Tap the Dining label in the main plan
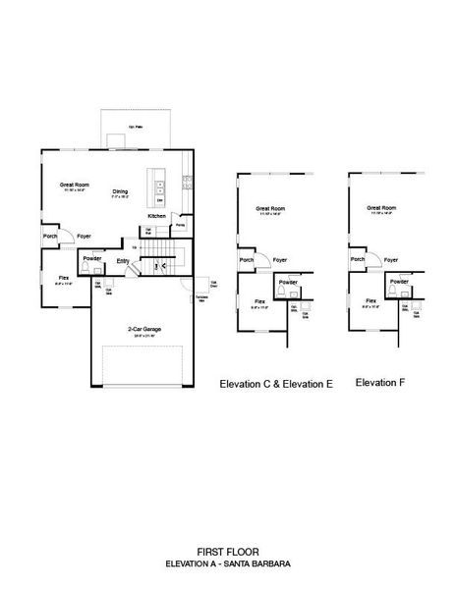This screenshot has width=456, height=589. pos(121,190)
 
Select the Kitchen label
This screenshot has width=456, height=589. pos(156,215)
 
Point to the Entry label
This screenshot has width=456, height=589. pos(123,260)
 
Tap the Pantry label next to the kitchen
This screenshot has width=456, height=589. pos(180,224)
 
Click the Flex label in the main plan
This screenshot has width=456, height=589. pos(63,278)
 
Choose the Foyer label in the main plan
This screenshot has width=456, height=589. pos(85,236)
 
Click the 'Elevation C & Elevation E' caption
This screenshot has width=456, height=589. pos(276,386)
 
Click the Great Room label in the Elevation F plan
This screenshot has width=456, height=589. pos(381,208)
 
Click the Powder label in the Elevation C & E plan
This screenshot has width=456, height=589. pos(288,282)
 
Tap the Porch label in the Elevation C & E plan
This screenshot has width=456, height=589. pos(246,260)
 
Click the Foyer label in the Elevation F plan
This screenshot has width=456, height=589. pos(390,260)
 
